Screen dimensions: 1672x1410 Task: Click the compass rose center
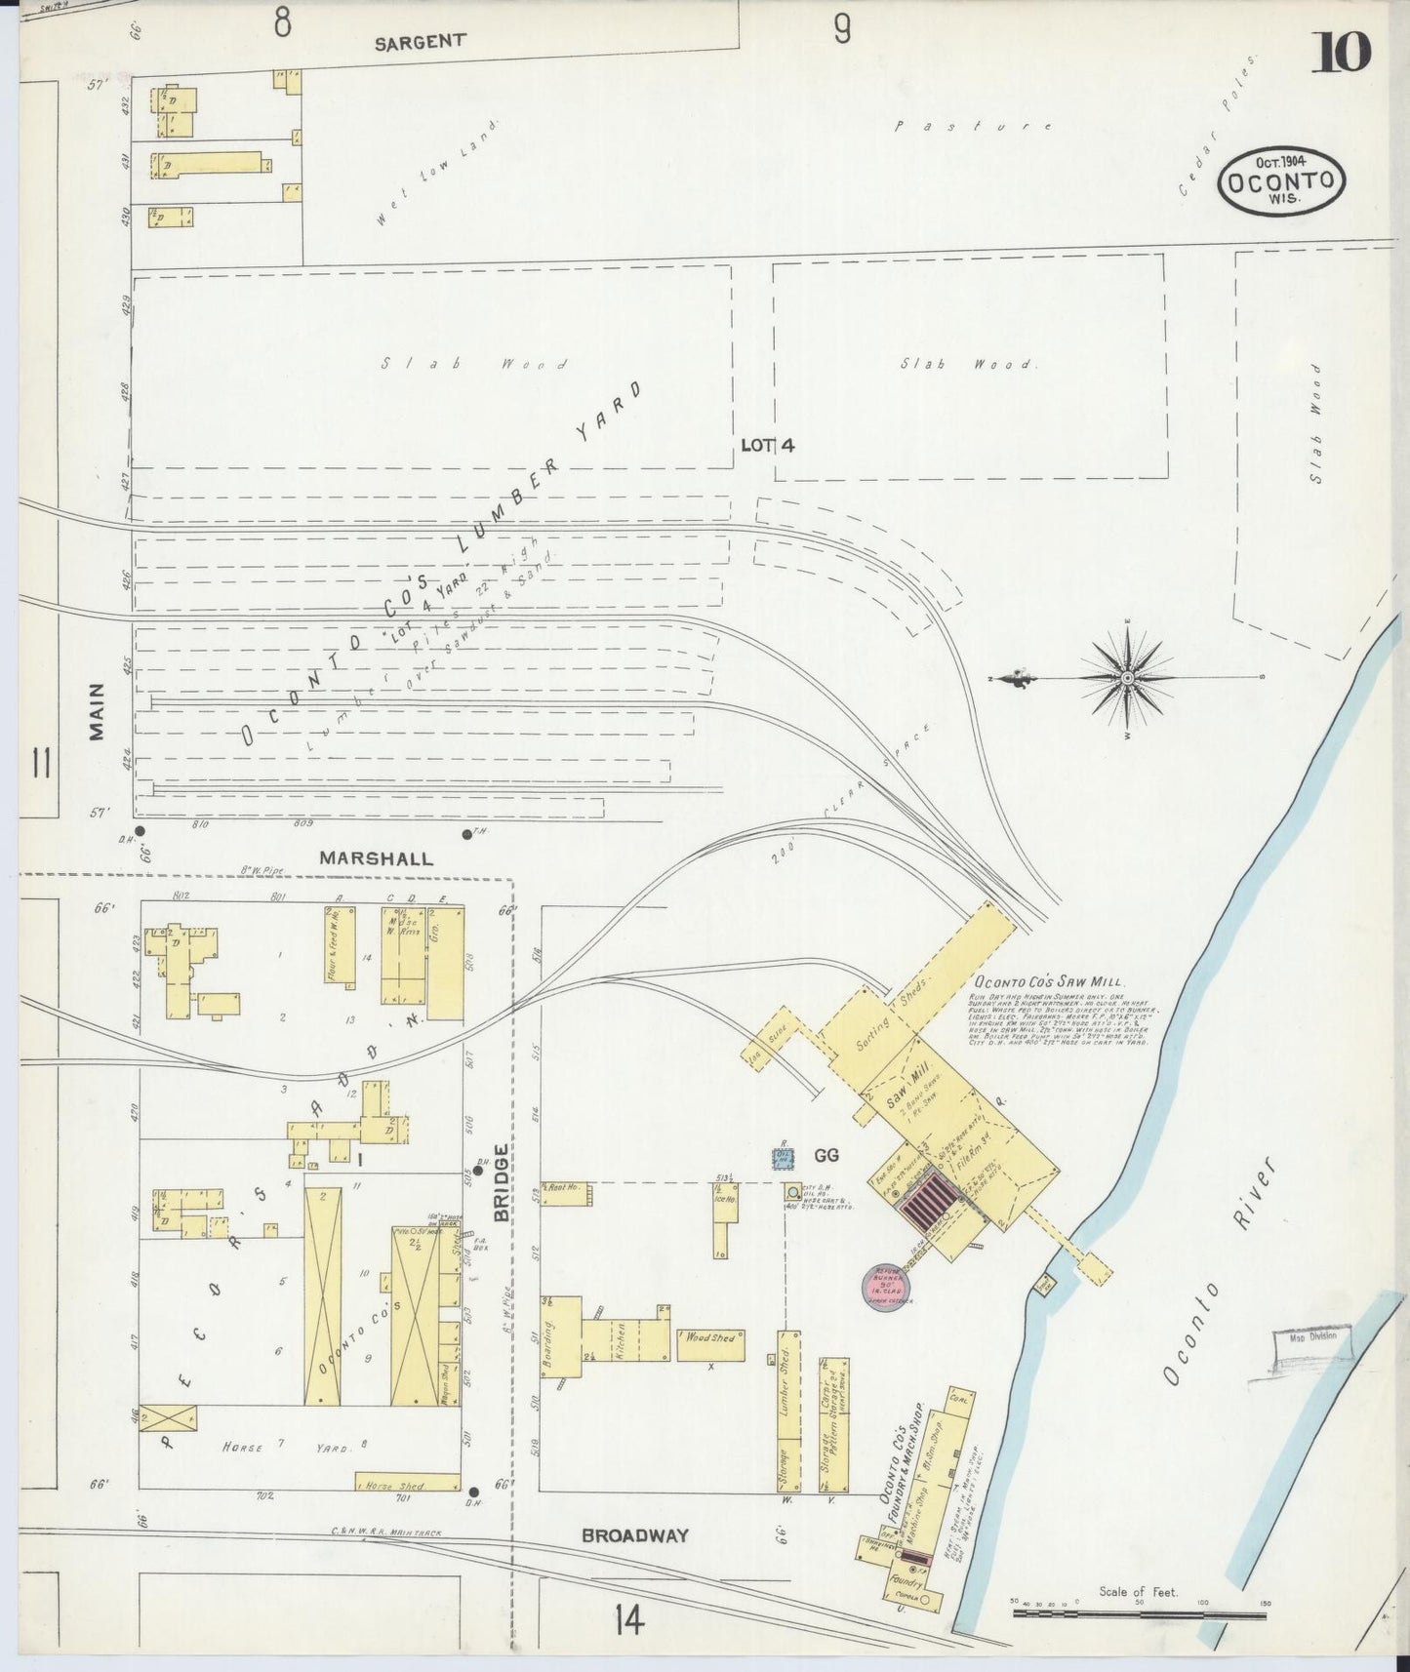tap(1127, 677)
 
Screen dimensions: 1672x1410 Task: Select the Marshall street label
tap(376, 858)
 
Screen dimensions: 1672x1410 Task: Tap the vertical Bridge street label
tap(502, 1182)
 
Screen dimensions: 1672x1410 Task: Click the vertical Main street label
tap(97, 712)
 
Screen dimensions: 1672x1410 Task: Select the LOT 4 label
tap(767, 445)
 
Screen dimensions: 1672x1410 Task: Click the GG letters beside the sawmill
tap(826, 1156)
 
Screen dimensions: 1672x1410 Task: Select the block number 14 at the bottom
tap(630, 1620)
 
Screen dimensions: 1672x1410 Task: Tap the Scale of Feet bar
tap(1140, 1614)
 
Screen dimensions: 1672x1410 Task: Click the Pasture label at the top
tap(973, 126)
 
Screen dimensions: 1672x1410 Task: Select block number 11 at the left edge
tap(40, 763)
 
